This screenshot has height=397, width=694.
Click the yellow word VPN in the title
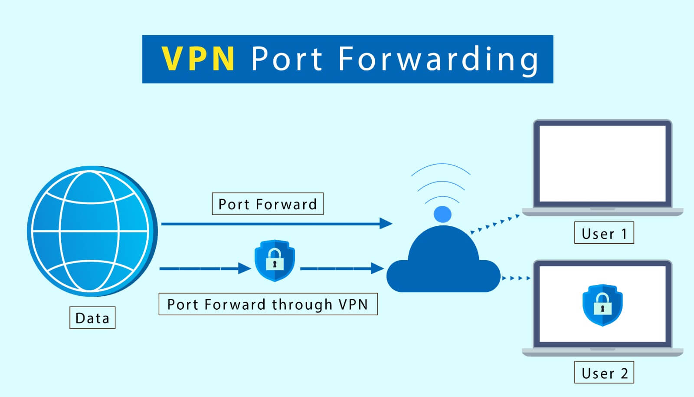pos(198,59)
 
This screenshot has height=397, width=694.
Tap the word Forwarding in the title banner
pos(438,60)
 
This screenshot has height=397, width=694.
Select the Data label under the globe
pos(92,318)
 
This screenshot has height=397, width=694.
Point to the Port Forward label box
pos(267,204)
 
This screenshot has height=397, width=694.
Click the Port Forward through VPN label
pos(268,304)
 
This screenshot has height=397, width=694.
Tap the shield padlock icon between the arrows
pos(275,260)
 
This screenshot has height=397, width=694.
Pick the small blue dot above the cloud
pos(442,214)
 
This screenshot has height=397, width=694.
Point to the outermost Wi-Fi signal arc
pos(441,166)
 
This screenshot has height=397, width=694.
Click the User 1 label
pos(604,233)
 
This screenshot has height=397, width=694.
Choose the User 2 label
pos(604,373)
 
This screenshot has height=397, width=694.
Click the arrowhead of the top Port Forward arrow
pos(386,224)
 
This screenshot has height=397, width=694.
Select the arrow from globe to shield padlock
pos(204,268)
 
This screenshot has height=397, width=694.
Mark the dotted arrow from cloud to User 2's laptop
pos(516,278)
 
